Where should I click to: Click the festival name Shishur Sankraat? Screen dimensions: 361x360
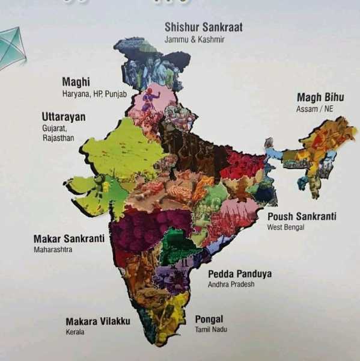(x=204, y=27)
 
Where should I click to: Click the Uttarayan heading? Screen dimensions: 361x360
(x=63, y=116)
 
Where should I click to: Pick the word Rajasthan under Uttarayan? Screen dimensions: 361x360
(x=58, y=138)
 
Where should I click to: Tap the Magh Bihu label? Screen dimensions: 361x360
(x=320, y=97)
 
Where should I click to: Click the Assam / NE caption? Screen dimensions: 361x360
(x=314, y=109)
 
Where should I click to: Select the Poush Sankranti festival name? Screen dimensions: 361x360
(x=302, y=216)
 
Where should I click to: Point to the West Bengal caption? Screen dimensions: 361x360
(x=285, y=227)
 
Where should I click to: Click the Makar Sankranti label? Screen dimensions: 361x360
(x=69, y=238)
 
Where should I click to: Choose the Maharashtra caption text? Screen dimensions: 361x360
(x=53, y=250)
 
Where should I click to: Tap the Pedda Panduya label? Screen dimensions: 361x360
(x=239, y=274)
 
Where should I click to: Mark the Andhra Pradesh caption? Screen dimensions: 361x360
(x=231, y=285)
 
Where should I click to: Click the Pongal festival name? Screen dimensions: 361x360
(x=209, y=319)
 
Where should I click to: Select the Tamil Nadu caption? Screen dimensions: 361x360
(x=211, y=330)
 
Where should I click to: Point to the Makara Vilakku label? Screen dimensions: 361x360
(x=97, y=321)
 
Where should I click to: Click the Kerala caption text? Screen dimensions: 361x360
(x=75, y=332)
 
